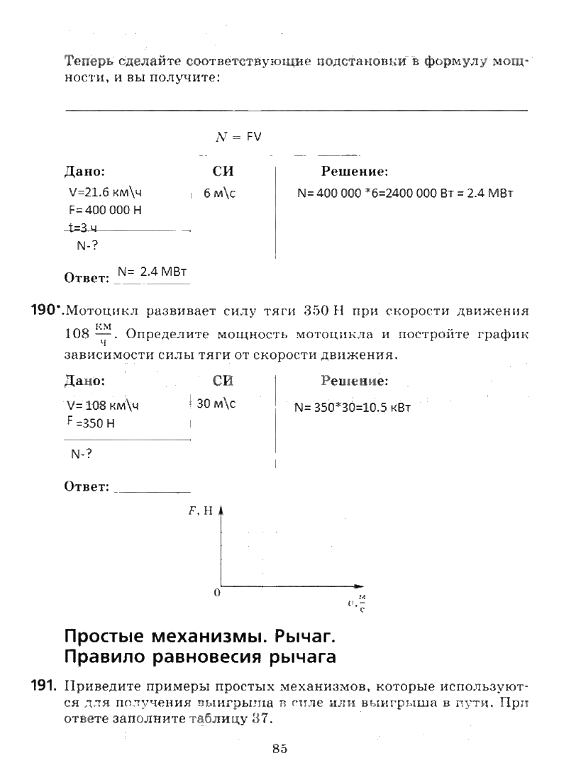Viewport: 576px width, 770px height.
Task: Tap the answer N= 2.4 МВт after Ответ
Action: [x=151, y=272]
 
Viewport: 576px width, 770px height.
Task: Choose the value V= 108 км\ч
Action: [x=103, y=406]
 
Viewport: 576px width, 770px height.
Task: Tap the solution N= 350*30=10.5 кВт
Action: [x=353, y=408]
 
